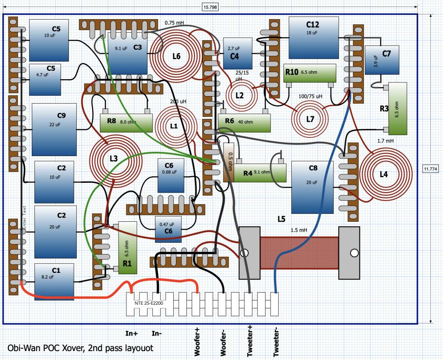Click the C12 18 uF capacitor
click(314, 38)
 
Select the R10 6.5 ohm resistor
click(310, 73)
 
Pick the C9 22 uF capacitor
click(54, 129)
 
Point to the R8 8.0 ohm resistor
click(126, 123)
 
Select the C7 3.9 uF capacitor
click(382, 60)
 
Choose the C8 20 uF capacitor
click(312, 187)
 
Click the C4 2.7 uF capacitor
click(237, 53)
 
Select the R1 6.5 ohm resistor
click(128, 247)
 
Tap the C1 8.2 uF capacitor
click(54, 282)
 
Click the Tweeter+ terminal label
click(250, 341)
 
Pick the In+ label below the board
click(132, 333)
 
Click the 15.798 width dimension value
click(210, 7)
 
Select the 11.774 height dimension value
click(430, 169)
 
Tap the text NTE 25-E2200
click(148, 303)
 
